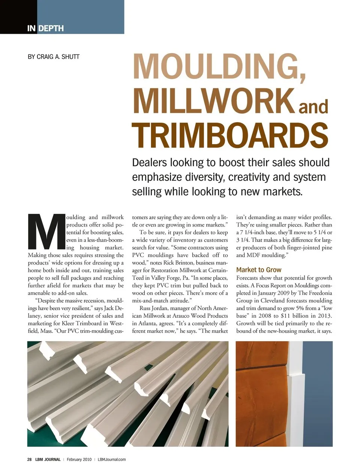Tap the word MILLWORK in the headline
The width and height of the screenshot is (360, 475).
[x=213, y=101]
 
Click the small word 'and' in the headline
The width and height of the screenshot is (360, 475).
[x=313, y=107]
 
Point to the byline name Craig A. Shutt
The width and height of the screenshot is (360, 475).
[x=54, y=57]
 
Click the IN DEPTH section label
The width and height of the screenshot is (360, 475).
[x=45, y=28]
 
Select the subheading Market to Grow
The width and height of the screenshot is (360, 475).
[x=259, y=270]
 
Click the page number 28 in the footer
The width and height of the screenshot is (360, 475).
[x=29, y=459]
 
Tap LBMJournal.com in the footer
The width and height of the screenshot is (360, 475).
[x=112, y=459]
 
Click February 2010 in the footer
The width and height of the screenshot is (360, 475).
[x=79, y=459]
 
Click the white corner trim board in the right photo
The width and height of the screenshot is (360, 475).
[x=295, y=390]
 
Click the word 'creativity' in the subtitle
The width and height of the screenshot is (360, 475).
[x=249, y=177]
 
